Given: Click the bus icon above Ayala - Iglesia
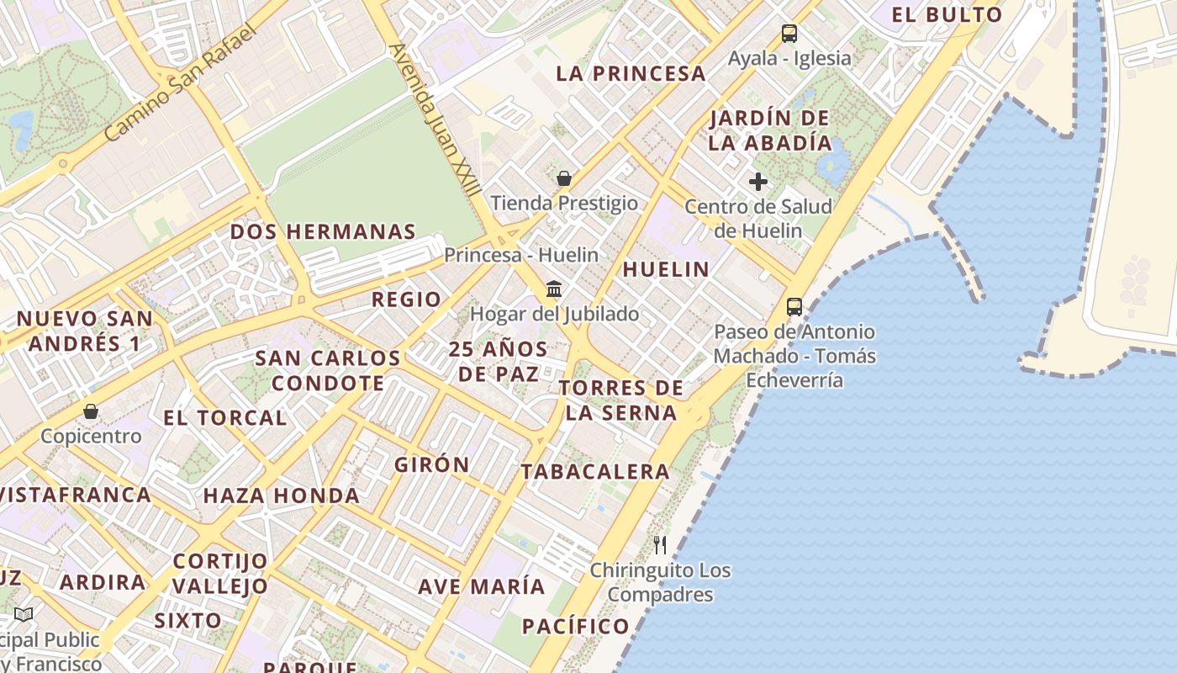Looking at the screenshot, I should coord(789,34).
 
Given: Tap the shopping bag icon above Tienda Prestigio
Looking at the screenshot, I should coord(564,178).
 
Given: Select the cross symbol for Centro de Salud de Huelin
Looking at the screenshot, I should coord(758,181).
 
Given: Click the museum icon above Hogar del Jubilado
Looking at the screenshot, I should coord(554,289).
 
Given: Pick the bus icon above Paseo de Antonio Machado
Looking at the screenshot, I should coord(794,307).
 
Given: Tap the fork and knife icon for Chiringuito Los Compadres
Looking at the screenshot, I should coord(660,545).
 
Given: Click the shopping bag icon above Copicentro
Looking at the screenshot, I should coord(91,411).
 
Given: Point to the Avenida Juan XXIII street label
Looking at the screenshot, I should coord(435,120).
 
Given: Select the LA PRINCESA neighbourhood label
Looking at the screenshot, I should coord(631,74).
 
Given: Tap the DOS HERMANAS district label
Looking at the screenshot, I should coord(323,232).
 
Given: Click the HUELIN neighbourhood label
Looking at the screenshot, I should coord(666,269).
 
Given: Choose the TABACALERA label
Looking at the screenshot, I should coord(595,472).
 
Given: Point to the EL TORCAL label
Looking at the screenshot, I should coord(224,417).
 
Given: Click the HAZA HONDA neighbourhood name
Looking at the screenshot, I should coord(282,495).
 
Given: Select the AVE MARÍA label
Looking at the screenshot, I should coord(482,586).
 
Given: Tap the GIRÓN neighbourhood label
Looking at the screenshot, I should coord(432,464).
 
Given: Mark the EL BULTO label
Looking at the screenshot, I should coord(947,14).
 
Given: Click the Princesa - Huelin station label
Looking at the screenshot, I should coord(521,255).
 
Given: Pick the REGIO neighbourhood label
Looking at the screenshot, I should coord(406,299).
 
